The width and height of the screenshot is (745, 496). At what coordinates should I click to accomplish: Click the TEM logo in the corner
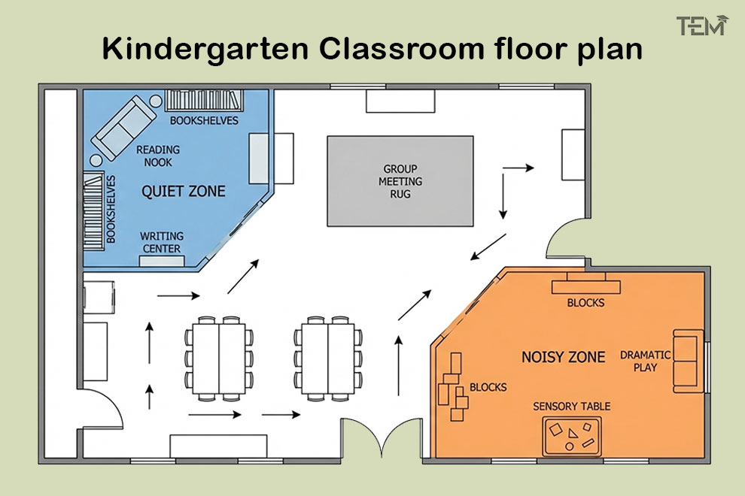702,26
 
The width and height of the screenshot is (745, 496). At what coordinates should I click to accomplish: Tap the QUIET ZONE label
183,191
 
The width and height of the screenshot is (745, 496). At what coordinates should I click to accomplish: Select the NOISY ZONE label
563,357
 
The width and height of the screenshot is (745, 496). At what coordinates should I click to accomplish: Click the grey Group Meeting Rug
400,181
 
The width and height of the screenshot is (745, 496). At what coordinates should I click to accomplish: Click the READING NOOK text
155,156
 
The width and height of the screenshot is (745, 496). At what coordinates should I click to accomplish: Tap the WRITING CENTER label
161,243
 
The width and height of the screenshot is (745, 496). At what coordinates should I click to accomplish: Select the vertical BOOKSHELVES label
111,209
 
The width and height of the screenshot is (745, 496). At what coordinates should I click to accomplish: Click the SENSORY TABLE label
571,407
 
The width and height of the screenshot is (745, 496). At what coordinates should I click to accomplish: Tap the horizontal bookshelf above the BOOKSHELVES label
203,101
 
